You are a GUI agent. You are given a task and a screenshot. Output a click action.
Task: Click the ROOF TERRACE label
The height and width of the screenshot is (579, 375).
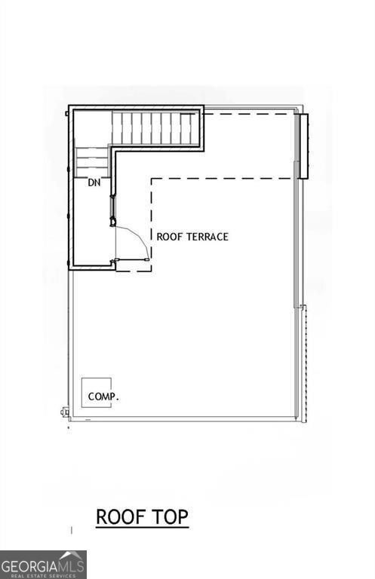(192, 237)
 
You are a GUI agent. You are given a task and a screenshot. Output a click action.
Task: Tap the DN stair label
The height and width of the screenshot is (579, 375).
(94, 182)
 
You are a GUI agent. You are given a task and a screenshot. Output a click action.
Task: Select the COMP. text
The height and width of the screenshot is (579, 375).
(103, 396)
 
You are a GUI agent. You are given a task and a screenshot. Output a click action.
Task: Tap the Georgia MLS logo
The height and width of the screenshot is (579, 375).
(43, 565)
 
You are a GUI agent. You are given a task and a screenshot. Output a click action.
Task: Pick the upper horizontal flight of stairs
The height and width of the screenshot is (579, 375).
(156, 127)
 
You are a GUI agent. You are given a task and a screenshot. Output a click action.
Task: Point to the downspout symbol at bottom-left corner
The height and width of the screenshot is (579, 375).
(64, 412)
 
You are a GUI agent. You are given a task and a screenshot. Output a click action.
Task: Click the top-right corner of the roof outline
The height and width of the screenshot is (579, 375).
(300, 107)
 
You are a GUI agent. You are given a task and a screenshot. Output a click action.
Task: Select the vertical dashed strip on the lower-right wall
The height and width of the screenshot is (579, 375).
(303, 362)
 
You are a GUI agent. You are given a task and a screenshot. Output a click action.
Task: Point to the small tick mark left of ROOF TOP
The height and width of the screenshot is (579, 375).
(72, 531)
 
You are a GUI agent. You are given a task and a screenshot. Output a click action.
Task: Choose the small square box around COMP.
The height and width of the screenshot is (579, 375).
(97, 393)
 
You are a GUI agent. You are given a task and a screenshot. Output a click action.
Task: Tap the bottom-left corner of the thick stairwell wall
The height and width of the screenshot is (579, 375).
(70, 268)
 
